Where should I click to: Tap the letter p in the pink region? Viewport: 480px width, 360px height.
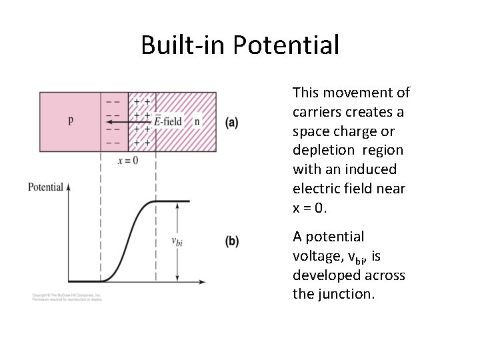click(x=71, y=121)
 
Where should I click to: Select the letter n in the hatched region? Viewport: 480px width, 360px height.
click(x=197, y=121)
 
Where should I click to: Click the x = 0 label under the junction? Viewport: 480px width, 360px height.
click(x=127, y=160)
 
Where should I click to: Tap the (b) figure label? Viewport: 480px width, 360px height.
click(x=232, y=241)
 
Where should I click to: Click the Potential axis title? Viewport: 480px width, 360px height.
click(x=45, y=187)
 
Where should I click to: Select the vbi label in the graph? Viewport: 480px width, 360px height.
click(x=177, y=241)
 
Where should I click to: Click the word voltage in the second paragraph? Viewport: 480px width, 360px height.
click(x=316, y=256)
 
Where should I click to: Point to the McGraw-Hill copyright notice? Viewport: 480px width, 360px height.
click(x=66, y=296)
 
